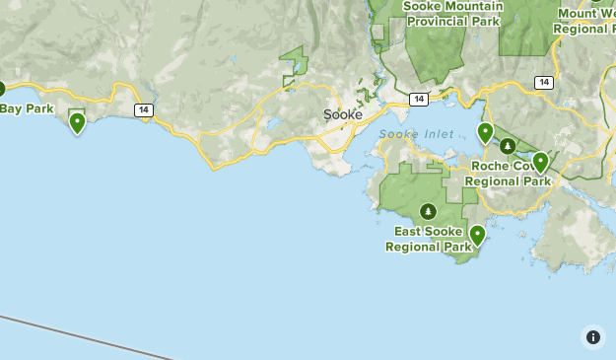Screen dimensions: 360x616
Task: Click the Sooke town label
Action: tap(343, 114)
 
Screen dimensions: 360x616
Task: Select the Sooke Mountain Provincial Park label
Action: tap(452, 13)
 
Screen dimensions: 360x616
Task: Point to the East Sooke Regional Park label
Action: tap(429, 239)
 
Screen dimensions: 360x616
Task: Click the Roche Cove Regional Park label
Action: tap(508, 174)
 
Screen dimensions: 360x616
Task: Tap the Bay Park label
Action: tap(27, 108)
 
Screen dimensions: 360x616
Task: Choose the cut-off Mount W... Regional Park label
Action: tap(585, 21)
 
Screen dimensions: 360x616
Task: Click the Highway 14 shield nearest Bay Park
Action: tap(144, 109)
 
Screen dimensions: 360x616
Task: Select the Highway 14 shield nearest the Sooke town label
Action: tap(419, 99)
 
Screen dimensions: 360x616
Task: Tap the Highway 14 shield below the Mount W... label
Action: tap(543, 82)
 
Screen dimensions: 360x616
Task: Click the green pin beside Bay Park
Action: tap(77, 122)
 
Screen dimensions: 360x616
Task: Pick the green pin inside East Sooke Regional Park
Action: tap(477, 235)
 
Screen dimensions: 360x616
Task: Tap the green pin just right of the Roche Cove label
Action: tap(540, 161)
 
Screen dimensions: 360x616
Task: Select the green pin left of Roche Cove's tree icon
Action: tap(485, 132)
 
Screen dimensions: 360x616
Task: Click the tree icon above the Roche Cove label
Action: tap(508, 146)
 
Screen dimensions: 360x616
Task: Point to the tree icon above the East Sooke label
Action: tap(428, 211)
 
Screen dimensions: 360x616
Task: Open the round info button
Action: tap(592, 336)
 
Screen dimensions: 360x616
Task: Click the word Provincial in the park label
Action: tap(437, 21)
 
